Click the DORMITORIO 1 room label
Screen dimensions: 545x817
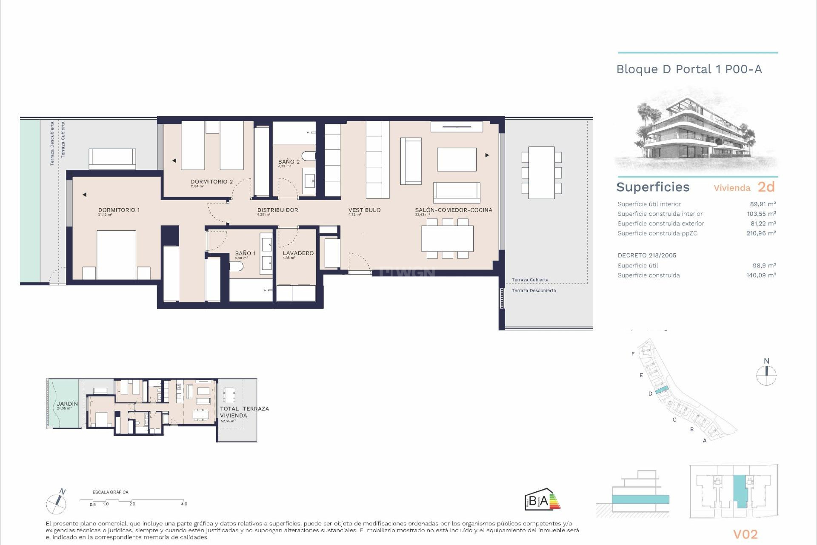point(119,210)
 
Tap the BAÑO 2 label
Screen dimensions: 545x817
point(289,162)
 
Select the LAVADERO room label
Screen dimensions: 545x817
point(298,253)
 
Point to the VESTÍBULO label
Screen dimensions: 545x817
point(364,210)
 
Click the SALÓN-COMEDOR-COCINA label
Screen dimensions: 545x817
point(454,210)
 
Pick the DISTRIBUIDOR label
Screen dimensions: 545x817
point(277,210)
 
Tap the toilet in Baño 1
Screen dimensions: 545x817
point(236,267)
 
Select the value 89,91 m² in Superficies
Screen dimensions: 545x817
point(763,204)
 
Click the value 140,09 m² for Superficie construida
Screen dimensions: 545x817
point(761,275)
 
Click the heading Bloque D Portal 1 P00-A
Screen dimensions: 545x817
point(689,69)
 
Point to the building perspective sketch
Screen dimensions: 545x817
point(697,132)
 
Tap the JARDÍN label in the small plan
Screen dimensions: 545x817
point(68,404)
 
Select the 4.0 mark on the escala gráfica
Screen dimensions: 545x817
point(184,504)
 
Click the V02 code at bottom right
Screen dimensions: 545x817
point(745,534)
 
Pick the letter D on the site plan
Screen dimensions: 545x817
point(650,394)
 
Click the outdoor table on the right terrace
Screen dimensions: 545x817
point(541,172)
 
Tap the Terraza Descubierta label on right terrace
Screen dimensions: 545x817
point(534,290)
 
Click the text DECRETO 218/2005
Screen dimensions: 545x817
point(647,255)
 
